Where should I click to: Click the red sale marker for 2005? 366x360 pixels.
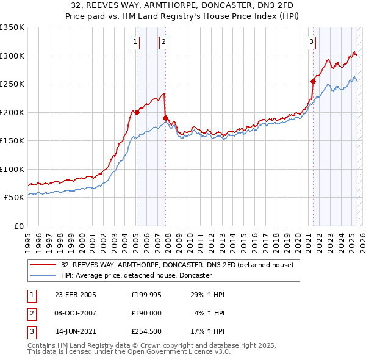pyautogui.click(x=137, y=112)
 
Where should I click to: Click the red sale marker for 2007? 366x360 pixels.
pyautogui.click(x=165, y=118)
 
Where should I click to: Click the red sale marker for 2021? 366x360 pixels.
pyautogui.click(x=313, y=81)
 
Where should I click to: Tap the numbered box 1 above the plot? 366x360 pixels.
pyautogui.click(x=135, y=42)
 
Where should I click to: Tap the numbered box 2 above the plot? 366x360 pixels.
pyautogui.click(x=164, y=42)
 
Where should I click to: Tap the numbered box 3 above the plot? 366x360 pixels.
pyautogui.click(x=311, y=42)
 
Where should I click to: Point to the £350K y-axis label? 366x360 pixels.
pyautogui.click(x=12, y=27)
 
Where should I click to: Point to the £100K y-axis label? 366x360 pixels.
pyautogui.click(x=12, y=169)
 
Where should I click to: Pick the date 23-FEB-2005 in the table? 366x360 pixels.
pyautogui.click(x=76, y=295)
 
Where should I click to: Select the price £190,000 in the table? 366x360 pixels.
pyautogui.click(x=146, y=314)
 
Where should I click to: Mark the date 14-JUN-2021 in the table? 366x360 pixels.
pyautogui.click(x=76, y=333)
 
